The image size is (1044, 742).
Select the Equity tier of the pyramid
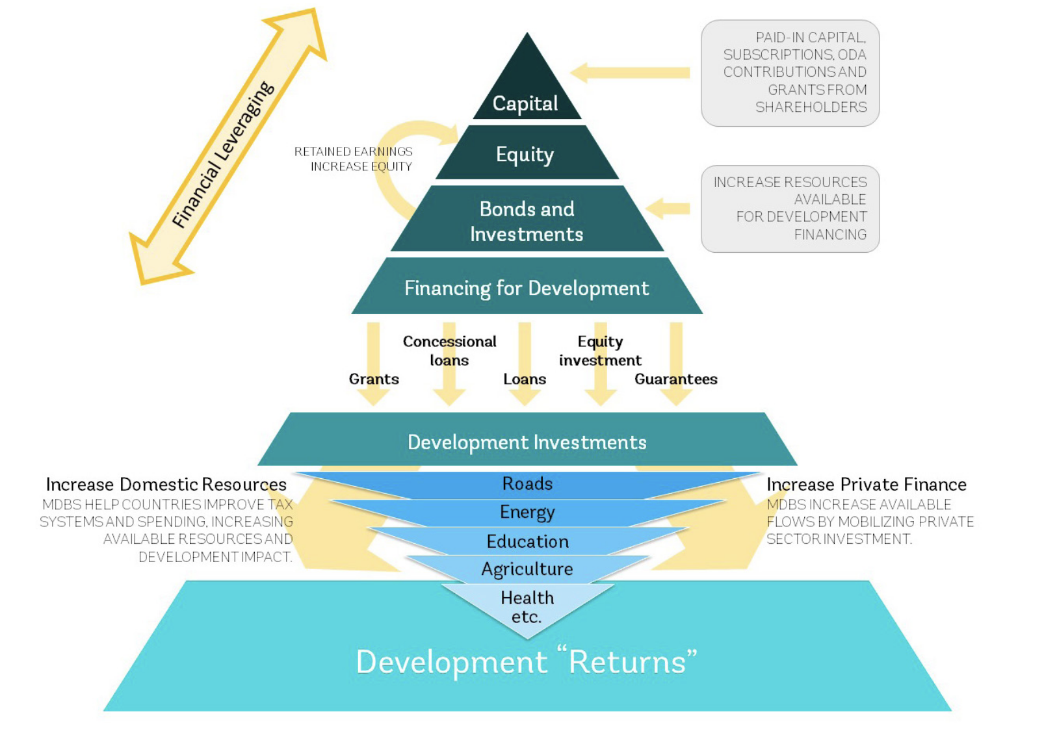pos(525,154)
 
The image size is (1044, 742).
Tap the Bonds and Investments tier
pos(527,221)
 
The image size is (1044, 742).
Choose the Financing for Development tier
pos(527,288)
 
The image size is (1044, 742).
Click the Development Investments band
pos(527,442)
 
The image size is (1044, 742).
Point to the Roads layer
pos(527,484)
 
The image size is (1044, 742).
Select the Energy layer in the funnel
pos(527,513)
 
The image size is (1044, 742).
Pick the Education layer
pos(527,541)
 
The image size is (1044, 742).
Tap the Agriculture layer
pos(527,569)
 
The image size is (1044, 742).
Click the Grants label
pos(374,379)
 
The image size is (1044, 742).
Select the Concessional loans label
pos(449,350)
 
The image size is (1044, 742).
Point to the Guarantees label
pos(675,379)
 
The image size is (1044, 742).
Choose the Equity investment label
pos(600,350)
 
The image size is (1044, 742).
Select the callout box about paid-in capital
pos(790,73)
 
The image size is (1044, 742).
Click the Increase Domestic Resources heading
pos(166,484)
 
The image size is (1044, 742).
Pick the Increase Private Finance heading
pos(866,484)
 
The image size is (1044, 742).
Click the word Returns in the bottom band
pos(628,662)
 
